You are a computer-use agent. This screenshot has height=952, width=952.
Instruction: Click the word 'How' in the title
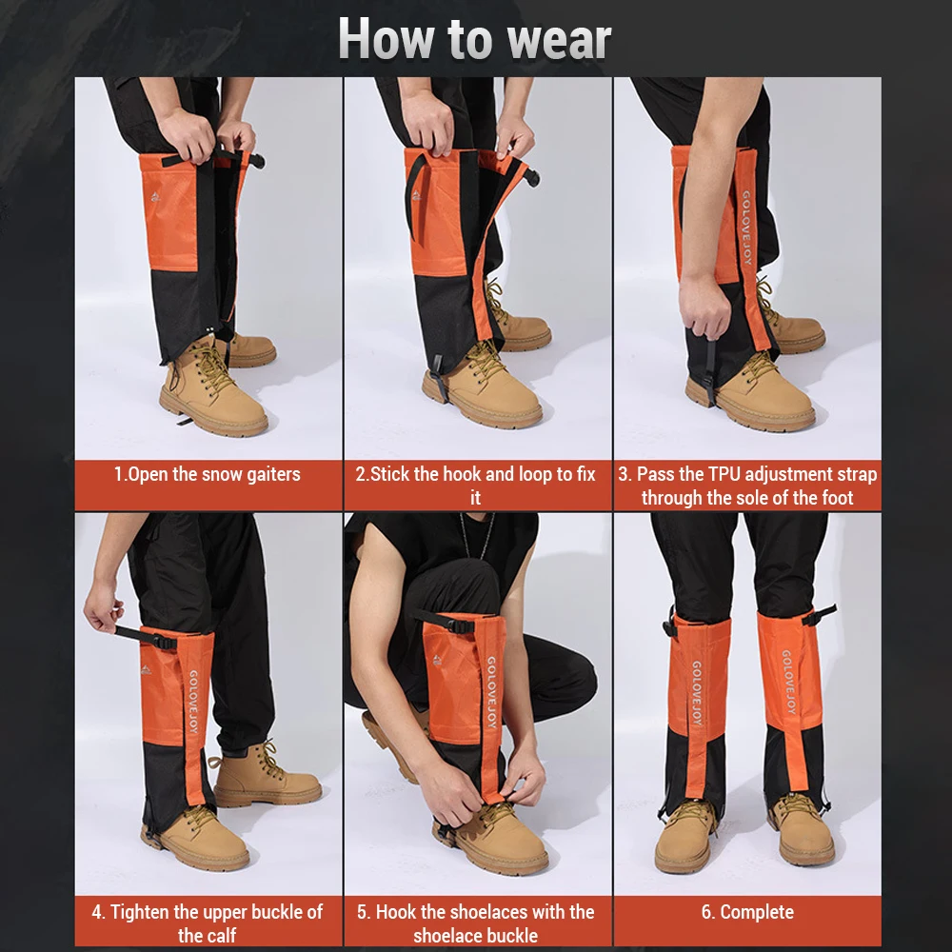381,40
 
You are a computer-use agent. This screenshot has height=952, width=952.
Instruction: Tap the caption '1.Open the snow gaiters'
207,474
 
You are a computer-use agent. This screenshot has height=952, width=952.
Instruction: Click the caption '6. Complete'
747,912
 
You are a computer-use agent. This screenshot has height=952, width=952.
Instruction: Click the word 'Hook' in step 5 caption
400,912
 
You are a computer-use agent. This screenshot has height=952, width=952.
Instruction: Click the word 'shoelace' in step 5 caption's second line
447,935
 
